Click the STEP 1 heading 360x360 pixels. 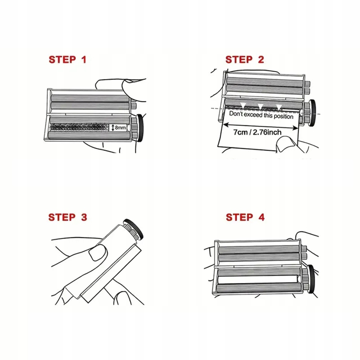click(68, 59)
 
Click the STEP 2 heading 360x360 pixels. click(245, 59)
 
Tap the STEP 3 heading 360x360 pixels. click(68, 217)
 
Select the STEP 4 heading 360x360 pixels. click(245, 217)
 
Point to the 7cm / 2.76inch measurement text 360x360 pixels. click(257, 132)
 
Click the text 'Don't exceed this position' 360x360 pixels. click(261, 115)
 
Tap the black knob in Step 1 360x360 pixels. click(140, 128)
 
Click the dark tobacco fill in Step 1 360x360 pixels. click(79, 127)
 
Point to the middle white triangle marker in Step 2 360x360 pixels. click(260, 106)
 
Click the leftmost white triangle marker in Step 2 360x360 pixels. click(243, 105)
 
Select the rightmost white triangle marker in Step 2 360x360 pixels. click(279, 107)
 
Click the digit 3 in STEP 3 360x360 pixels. click(84, 217)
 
